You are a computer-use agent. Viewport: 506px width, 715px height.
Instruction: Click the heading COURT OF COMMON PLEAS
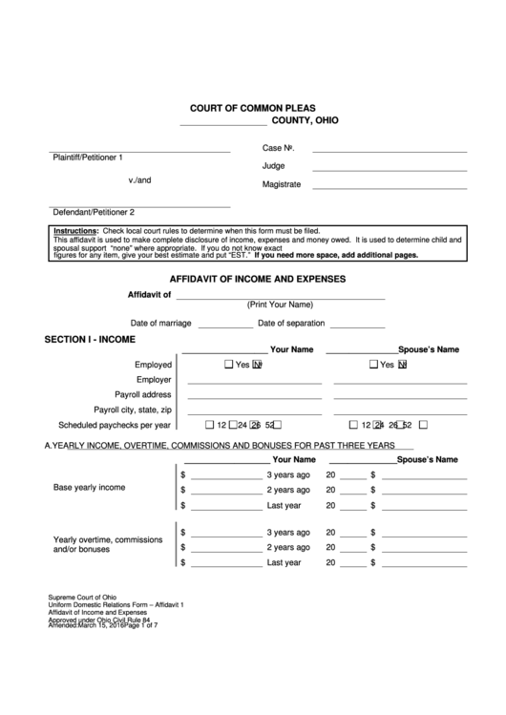(x=252, y=109)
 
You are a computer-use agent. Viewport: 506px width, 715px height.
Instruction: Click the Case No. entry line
(x=390, y=151)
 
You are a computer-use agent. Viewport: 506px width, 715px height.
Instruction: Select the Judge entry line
(x=390, y=169)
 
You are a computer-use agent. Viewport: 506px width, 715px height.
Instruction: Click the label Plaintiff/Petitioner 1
(x=88, y=157)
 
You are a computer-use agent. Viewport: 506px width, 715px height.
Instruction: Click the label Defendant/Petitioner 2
(x=94, y=212)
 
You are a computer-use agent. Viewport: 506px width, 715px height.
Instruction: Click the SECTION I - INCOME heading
(x=91, y=340)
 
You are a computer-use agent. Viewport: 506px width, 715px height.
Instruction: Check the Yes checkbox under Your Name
(x=228, y=365)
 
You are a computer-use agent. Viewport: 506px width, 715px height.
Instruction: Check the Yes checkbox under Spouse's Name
(x=373, y=365)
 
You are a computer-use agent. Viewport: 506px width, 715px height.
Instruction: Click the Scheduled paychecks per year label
(x=115, y=425)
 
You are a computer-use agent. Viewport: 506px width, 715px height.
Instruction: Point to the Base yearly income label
(x=89, y=488)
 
